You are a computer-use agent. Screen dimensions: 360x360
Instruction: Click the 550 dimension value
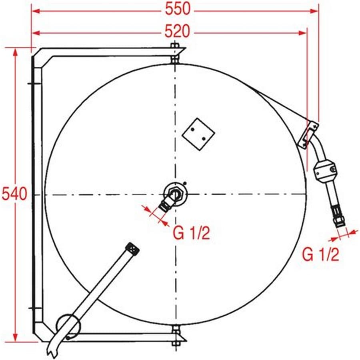point(178,9)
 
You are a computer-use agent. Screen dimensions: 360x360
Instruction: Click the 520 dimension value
point(177,32)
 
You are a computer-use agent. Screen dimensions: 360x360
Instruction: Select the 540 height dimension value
point(14,194)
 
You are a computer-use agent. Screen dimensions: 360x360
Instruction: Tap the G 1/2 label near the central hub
point(191,233)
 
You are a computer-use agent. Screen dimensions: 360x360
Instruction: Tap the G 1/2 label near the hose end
point(320,254)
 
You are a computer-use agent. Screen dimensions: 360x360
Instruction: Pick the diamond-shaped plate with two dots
point(198,134)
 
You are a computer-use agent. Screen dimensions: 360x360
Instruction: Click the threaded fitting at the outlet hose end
point(338,216)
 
